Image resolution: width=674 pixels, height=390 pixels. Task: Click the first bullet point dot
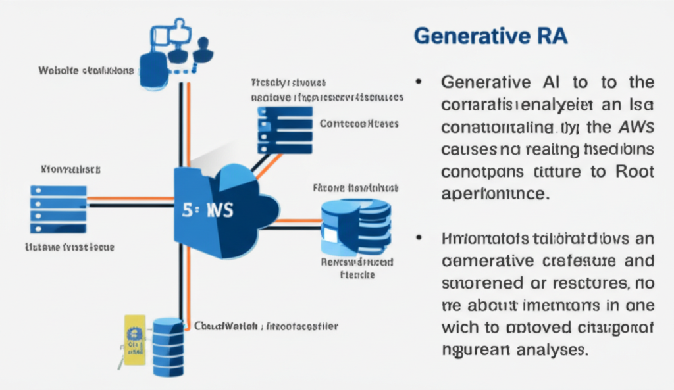(419, 84)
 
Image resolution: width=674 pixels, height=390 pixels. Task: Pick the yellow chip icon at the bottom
(134, 338)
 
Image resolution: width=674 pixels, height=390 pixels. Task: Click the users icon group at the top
(172, 49)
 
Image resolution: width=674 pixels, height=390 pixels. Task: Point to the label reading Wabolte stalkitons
(86, 70)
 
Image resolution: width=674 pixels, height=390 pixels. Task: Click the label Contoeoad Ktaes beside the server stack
(359, 123)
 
